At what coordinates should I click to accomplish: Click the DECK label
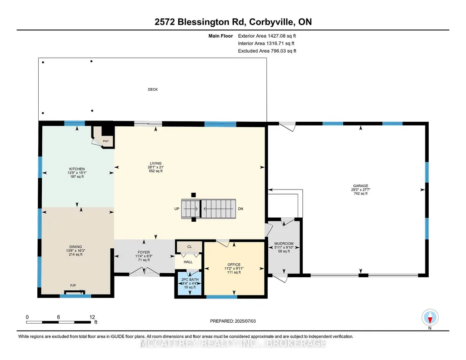coord(153,90)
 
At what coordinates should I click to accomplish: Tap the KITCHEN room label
coord(77,169)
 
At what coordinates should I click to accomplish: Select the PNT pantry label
coord(106,141)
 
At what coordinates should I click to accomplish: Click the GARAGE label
coord(361,186)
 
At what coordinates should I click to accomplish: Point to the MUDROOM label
coord(284,244)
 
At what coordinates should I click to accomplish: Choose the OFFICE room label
coord(234,265)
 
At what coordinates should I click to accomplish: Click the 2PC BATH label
coord(190,280)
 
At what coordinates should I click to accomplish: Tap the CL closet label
coord(190,247)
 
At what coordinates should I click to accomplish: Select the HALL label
coord(188,262)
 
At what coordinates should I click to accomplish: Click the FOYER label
coord(144,252)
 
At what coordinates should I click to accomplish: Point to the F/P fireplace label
coord(73,286)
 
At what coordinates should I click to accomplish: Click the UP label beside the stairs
coord(177,209)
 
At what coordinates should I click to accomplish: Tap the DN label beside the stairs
coord(241,209)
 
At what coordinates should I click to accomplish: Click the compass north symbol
coord(430,318)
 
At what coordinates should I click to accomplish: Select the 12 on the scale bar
coord(92,317)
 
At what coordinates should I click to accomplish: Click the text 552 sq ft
coord(156,171)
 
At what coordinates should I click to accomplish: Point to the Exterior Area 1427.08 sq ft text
coord(267,36)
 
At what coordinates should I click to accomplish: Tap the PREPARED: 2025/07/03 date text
coord(233,321)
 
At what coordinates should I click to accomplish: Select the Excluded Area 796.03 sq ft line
coord(267,51)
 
